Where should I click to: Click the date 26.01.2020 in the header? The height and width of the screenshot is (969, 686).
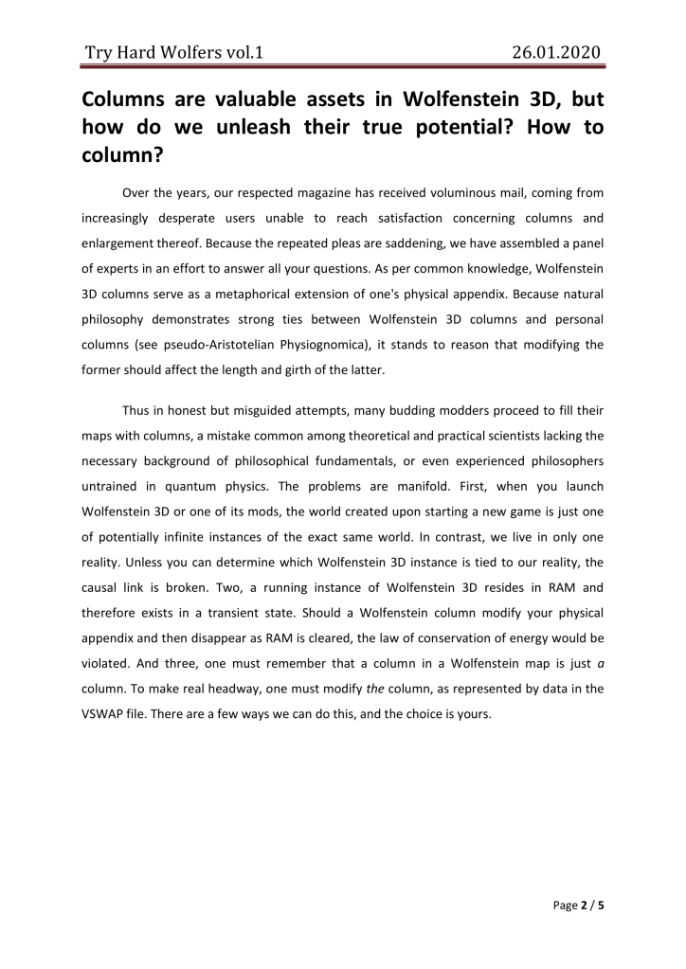coord(554,52)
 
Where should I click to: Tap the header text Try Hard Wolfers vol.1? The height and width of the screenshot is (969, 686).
coord(172,52)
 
